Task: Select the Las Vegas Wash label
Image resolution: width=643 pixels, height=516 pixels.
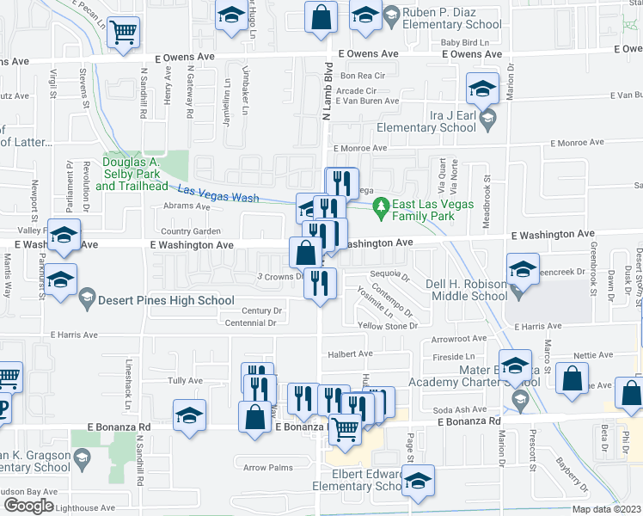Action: click(x=218, y=193)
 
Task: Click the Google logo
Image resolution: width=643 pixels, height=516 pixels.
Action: click(x=29, y=505)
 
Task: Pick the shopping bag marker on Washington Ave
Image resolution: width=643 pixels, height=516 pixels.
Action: click(x=305, y=253)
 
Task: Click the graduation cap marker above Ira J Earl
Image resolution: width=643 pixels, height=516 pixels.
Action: click(x=482, y=88)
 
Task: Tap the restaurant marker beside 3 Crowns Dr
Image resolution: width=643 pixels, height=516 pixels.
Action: click(x=320, y=283)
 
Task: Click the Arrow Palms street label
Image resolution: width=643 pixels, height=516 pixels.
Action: click(x=263, y=468)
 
